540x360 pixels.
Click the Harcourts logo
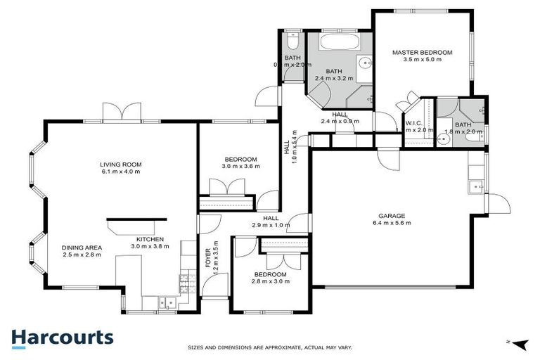[x=62, y=337]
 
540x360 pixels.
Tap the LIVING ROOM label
[x=122, y=165]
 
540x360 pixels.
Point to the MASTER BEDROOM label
[x=422, y=53]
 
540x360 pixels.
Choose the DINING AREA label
[x=82, y=247]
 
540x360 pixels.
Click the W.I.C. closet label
[x=413, y=124]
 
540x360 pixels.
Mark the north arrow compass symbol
[x=519, y=344]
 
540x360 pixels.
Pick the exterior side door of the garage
[x=498, y=205]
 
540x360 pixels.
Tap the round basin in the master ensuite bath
[x=442, y=139]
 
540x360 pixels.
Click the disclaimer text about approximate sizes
[x=269, y=347]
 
